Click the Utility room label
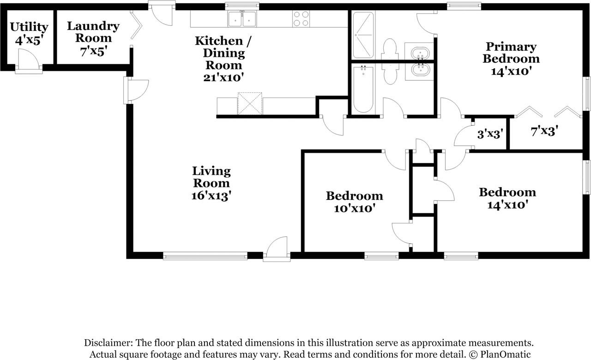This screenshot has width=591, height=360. (x=29, y=27)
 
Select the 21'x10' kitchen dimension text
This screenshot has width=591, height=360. (x=223, y=78)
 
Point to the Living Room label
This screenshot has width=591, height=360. (x=211, y=177)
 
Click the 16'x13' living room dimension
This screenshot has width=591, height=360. (x=211, y=196)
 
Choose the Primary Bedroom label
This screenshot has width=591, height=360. (x=511, y=53)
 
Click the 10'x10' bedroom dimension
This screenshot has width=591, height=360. (x=354, y=208)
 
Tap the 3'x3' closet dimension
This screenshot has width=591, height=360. (x=489, y=134)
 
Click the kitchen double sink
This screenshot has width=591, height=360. (x=242, y=19)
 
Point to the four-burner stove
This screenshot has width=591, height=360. (x=301, y=19)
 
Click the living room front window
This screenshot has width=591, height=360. (x=205, y=256)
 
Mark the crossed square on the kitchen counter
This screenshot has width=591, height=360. (x=250, y=103)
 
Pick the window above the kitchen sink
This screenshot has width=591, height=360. (x=242, y=6)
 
